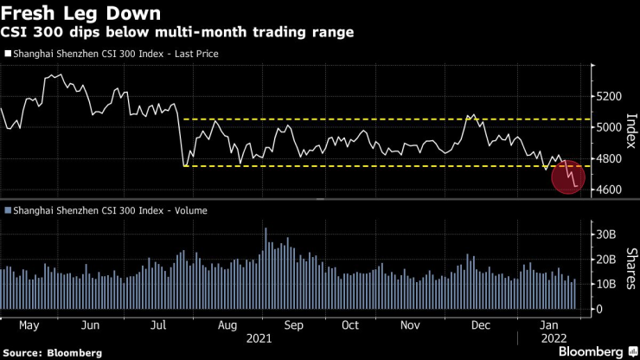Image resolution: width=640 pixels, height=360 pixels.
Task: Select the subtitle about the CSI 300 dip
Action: pyautogui.click(x=176, y=33)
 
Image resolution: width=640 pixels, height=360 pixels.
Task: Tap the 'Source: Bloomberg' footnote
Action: pyautogui.click(x=53, y=353)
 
